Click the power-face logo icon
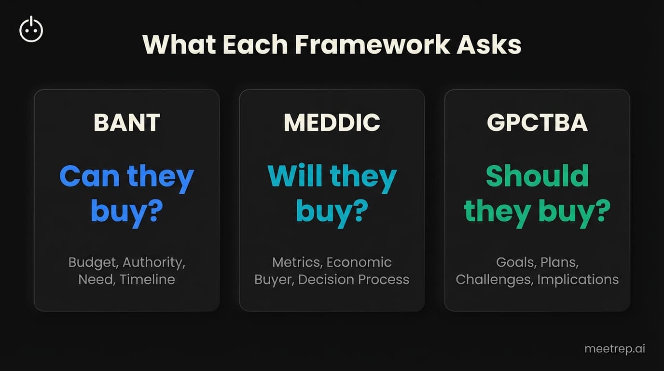[x=31, y=29]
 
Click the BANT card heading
[x=126, y=123]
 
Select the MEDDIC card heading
[x=332, y=123]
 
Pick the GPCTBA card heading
[x=537, y=123]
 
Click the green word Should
[x=537, y=177]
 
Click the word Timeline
[x=147, y=280]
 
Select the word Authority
[x=153, y=262]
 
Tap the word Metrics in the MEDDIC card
[x=297, y=262]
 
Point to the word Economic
[x=359, y=262]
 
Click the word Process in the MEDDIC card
[x=381, y=280]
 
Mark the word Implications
[x=578, y=280]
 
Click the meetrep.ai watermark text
[x=614, y=349]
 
